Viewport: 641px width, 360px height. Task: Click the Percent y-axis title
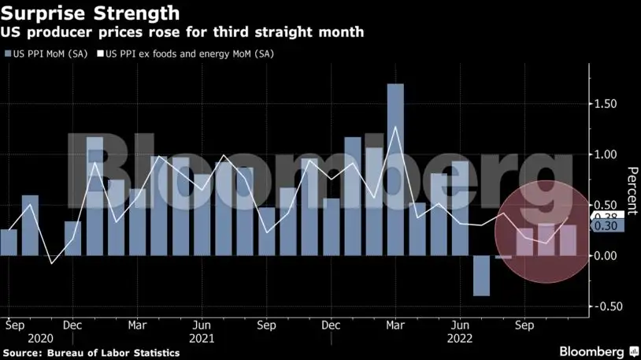[x=632, y=190]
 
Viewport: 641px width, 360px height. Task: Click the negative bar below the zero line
[x=481, y=276]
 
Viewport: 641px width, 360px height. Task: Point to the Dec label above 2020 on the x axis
[x=72, y=324]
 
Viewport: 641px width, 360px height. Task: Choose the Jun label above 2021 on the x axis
[x=202, y=324]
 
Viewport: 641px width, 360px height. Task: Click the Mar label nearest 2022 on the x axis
[x=395, y=324]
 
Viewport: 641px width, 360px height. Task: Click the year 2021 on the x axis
[x=202, y=339]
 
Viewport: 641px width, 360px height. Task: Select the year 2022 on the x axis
[x=460, y=339]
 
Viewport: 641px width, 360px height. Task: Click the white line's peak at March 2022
[x=395, y=126]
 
